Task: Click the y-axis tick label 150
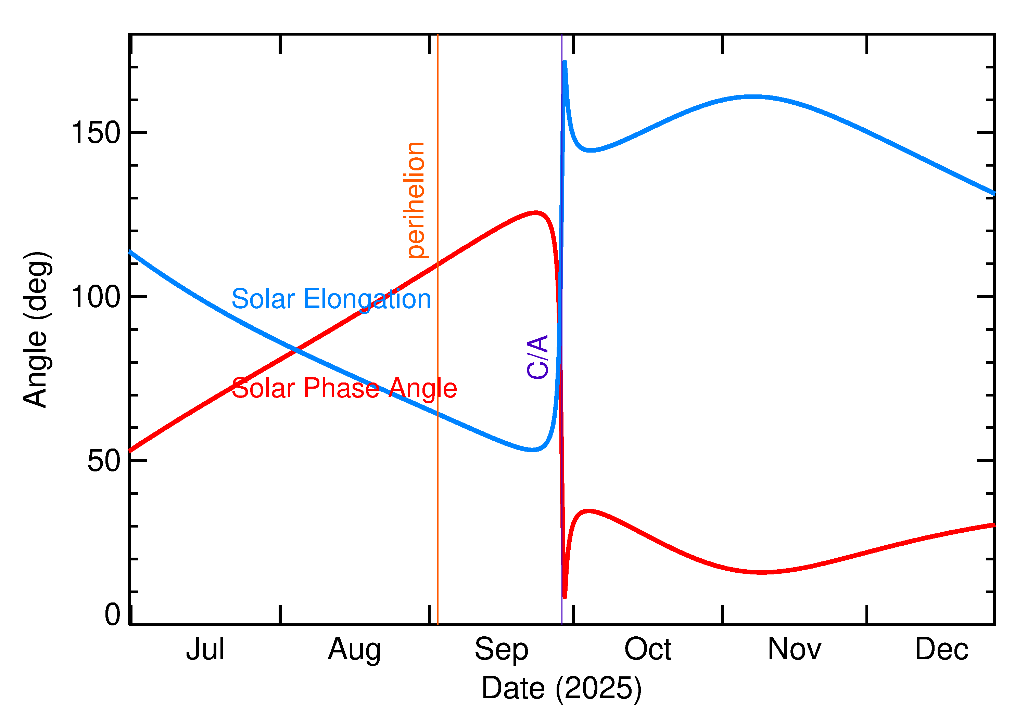pos(96,133)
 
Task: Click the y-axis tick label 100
pos(96,297)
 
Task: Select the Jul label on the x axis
pos(205,649)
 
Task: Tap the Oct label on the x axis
pos(648,649)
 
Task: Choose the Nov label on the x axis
pos(794,649)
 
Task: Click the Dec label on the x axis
pos(941,649)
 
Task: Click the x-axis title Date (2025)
pos(561,688)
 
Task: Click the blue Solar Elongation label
pos(331,299)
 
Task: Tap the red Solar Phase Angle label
pos(344,388)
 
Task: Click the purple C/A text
pos(537,357)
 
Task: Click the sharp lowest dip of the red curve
pos(564,597)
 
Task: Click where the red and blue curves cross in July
pos(295,350)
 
